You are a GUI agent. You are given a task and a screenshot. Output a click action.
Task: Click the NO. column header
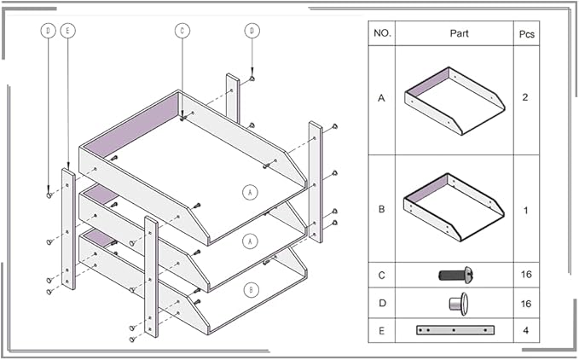(x=381, y=33)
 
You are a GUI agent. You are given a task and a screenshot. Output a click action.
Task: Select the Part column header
(x=458, y=33)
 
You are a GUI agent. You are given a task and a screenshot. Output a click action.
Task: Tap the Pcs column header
(x=526, y=33)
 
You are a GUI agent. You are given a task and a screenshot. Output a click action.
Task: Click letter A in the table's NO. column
(x=381, y=98)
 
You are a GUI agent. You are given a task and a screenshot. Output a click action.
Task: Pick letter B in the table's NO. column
(x=381, y=208)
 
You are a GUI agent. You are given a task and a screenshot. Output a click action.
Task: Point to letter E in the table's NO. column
(x=381, y=328)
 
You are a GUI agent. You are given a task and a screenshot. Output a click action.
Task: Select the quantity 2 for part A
(x=526, y=98)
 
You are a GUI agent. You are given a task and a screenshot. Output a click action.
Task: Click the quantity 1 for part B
(x=526, y=208)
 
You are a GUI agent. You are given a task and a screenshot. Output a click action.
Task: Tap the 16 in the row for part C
(x=526, y=275)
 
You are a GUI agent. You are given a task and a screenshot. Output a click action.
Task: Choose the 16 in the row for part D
(x=526, y=302)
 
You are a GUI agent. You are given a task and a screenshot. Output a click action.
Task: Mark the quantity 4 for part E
(x=526, y=328)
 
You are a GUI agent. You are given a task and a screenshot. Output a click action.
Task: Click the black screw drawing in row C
(x=455, y=275)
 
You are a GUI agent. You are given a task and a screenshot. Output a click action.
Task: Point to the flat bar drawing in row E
(x=455, y=329)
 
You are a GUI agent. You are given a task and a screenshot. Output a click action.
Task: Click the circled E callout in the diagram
(x=68, y=31)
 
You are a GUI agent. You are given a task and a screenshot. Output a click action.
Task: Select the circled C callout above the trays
(x=182, y=31)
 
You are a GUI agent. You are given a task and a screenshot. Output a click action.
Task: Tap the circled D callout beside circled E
(x=49, y=31)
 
